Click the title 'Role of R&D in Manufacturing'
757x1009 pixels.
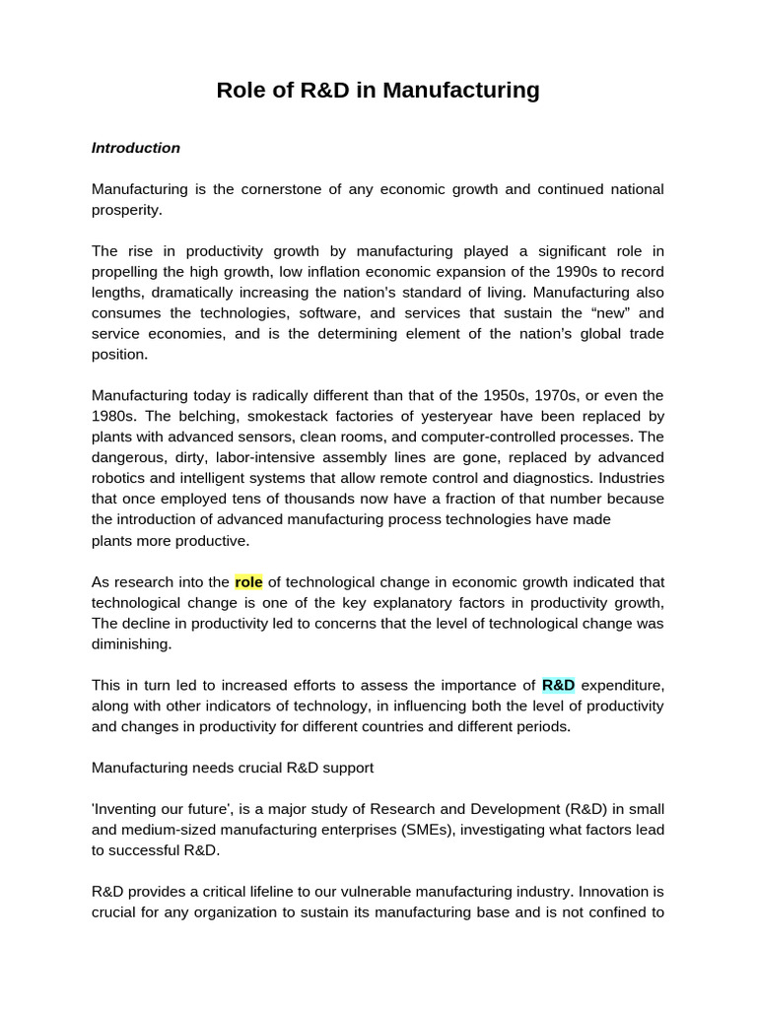coord(378,91)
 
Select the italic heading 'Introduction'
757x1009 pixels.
coord(136,148)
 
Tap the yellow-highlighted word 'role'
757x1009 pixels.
coord(248,582)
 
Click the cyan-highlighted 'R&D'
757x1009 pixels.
coord(559,685)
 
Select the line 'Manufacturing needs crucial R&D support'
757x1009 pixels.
coord(233,768)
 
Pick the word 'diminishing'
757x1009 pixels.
coord(132,644)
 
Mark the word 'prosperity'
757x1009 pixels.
coord(126,210)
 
